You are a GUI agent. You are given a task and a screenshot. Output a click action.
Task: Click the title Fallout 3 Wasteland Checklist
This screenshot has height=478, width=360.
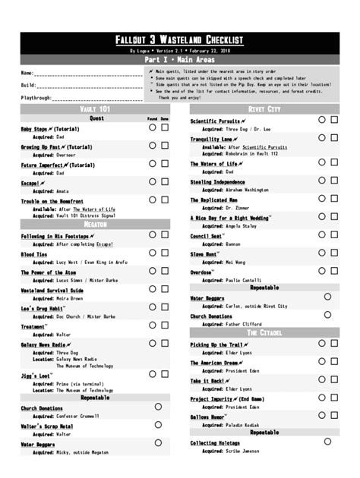tap(179, 39)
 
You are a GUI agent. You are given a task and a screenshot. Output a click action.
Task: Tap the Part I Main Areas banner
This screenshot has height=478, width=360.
tap(179, 58)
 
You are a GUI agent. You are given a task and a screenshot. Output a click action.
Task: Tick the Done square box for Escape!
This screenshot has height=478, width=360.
tap(165, 182)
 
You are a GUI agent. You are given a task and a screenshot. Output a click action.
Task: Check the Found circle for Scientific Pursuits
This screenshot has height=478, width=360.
tap(321, 120)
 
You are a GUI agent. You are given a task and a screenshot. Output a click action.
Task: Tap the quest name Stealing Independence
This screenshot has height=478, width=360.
tap(217, 182)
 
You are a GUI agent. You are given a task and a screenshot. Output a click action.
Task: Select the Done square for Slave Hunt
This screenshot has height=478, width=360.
tap(334, 253)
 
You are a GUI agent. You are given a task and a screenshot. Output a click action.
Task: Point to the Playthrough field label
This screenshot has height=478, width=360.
tap(36, 98)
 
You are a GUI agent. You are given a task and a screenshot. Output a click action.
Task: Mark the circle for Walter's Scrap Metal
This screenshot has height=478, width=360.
tap(158, 426)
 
